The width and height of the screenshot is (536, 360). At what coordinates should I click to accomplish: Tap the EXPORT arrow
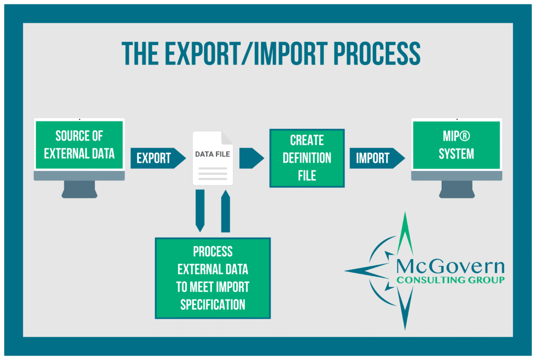158,158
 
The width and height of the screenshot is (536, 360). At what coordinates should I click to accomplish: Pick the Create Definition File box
307,158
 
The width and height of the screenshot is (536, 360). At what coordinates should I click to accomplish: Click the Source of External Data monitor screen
79,145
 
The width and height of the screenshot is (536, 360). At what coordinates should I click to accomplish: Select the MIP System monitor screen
456,145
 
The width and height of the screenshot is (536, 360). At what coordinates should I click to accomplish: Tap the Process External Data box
213,278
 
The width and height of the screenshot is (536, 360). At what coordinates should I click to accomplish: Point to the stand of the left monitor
79,189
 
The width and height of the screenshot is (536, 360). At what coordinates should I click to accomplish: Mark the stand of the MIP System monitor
456,189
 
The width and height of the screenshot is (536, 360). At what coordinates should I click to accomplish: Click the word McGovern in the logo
450,266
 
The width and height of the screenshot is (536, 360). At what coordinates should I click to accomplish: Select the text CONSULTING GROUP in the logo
450,280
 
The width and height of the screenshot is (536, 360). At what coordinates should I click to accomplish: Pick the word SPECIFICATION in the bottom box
213,305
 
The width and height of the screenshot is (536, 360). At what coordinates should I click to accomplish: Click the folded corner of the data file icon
227,138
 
